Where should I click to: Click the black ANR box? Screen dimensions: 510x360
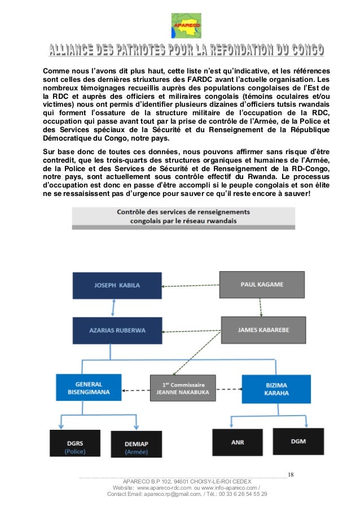click(x=238, y=443)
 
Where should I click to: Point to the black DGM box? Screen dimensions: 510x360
click(x=298, y=441)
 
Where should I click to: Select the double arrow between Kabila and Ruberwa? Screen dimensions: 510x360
click(x=115, y=307)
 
